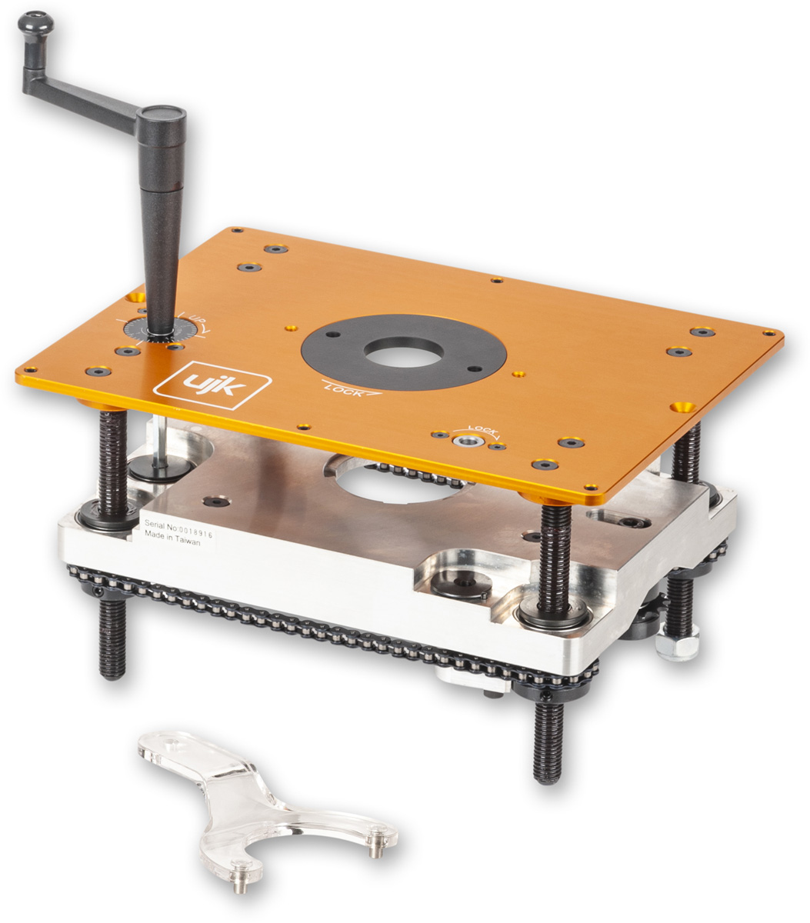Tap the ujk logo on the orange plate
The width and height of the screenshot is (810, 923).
tap(212, 385)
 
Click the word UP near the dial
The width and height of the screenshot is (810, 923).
tap(195, 319)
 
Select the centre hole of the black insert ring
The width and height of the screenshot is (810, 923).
tap(404, 352)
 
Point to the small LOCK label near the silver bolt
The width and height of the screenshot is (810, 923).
tap(483, 430)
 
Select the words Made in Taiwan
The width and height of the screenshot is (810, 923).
tap(172, 538)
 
